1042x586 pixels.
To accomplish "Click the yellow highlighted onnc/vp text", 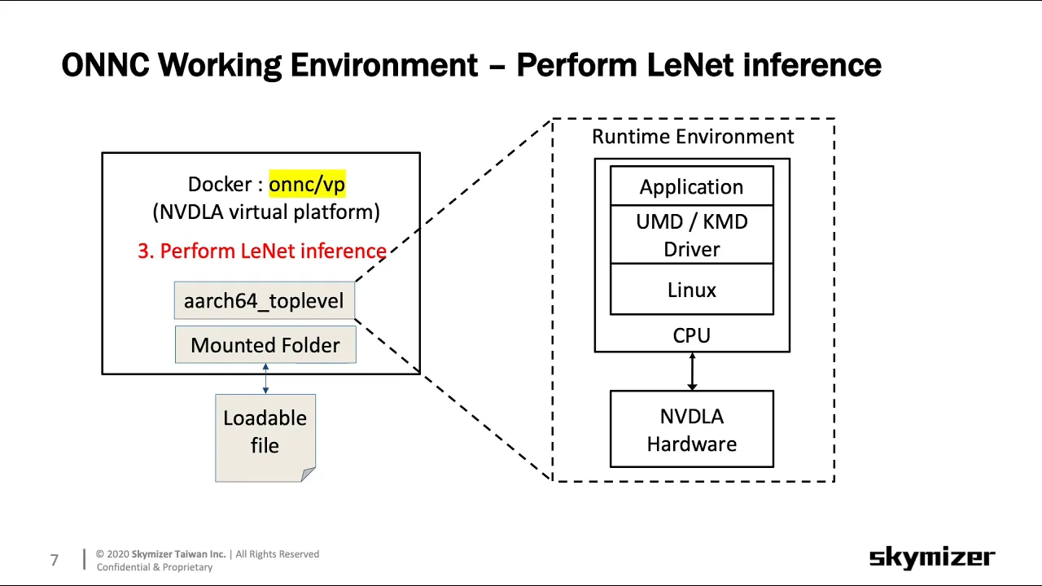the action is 307,184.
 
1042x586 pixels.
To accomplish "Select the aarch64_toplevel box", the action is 265,300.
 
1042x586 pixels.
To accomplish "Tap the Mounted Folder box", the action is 265,344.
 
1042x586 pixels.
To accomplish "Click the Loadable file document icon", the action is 265,438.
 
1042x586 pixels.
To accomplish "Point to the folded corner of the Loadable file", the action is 308,474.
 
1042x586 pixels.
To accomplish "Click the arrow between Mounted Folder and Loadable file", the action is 265,378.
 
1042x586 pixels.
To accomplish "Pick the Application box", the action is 692,186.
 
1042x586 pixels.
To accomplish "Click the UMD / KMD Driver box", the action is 692,235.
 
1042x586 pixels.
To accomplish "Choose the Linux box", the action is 692,289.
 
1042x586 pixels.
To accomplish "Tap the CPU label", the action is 692,335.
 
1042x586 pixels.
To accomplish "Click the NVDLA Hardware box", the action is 692,429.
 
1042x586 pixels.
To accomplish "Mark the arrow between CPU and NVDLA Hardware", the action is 692,371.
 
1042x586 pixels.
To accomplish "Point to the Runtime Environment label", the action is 693,137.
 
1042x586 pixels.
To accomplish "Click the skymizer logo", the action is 932,558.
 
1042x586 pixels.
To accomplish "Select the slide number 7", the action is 55,560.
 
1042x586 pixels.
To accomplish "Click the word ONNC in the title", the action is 106,65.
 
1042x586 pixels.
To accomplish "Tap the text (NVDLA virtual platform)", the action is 266,212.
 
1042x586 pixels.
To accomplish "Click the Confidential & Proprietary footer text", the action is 155,567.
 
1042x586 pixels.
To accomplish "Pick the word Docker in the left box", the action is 220,184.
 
